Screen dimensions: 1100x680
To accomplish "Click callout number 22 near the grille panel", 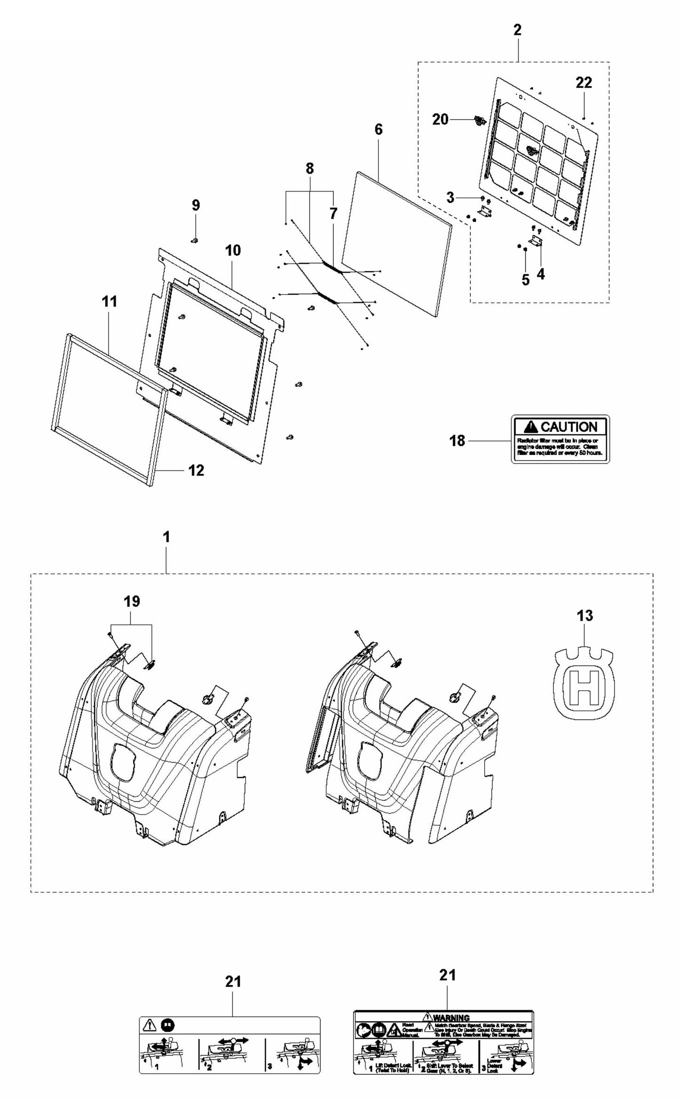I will [584, 83].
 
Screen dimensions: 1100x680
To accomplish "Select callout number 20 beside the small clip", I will [440, 120].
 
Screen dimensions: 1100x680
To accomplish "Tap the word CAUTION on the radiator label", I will [568, 427].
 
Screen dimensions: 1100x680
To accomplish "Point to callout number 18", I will [457, 441].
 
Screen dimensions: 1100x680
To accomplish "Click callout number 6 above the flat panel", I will [378, 129].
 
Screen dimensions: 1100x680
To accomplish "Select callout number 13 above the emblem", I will [584, 615].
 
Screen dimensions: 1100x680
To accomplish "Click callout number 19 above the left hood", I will [132, 601].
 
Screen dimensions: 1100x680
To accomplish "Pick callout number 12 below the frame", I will [196, 470].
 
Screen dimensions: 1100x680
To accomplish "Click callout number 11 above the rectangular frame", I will [110, 302].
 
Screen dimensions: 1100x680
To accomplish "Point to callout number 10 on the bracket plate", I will [233, 250].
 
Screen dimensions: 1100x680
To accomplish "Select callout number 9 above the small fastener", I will [196, 205].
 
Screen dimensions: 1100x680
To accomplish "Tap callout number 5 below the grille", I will [526, 280].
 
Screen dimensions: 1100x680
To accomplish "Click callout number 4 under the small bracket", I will [541, 274].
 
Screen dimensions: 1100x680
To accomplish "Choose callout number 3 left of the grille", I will [450, 198].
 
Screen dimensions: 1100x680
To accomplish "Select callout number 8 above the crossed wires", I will [309, 169].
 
